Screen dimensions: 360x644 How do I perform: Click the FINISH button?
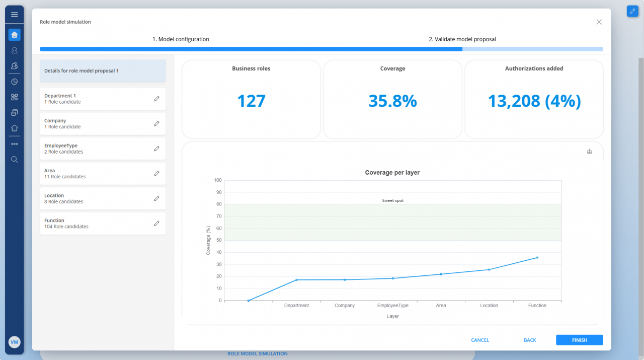pyautogui.click(x=579, y=340)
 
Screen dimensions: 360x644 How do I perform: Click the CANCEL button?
pyautogui.click(x=479, y=340)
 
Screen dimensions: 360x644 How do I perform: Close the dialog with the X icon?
pyautogui.click(x=599, y=22)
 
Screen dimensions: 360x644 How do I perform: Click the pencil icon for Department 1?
pyautogui.click(x=156, y=99)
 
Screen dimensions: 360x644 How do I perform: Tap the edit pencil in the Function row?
pyautogui.click(x=156, y=224)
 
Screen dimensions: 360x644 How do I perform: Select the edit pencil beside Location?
pyautogui.click(x=156, y=198)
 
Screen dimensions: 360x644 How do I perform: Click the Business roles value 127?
pyautogui.click(x=251, y=101)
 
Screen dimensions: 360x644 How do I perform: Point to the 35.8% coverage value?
pyautogui.click(x=392, y=101)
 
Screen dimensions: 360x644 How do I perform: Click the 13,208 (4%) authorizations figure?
pyautogui.click(x=534, y=101)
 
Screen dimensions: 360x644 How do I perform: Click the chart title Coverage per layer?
pyautogui.click(x=392, y=173)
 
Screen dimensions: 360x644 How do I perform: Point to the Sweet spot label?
pyautogui.click(x=392, y=200)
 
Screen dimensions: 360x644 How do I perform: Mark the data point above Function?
pyautogui.click(x=537, y=258)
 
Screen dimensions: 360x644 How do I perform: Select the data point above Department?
pyautogui.click(x=296, y=280)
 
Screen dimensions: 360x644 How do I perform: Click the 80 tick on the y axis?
pyautogui.click(x=218, y=204)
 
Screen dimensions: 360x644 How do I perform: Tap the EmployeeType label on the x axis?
pyautogui.click(x=392, y=306)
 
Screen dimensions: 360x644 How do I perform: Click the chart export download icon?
pyautogui.click(x=589, y=152)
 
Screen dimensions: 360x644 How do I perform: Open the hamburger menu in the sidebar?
pyautogui.click(x=14, y=15)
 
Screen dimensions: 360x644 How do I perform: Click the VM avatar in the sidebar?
pyautogui.click(x=14, y=342)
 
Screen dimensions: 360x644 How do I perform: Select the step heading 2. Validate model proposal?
pyautogui.click(x=462, y=39)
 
